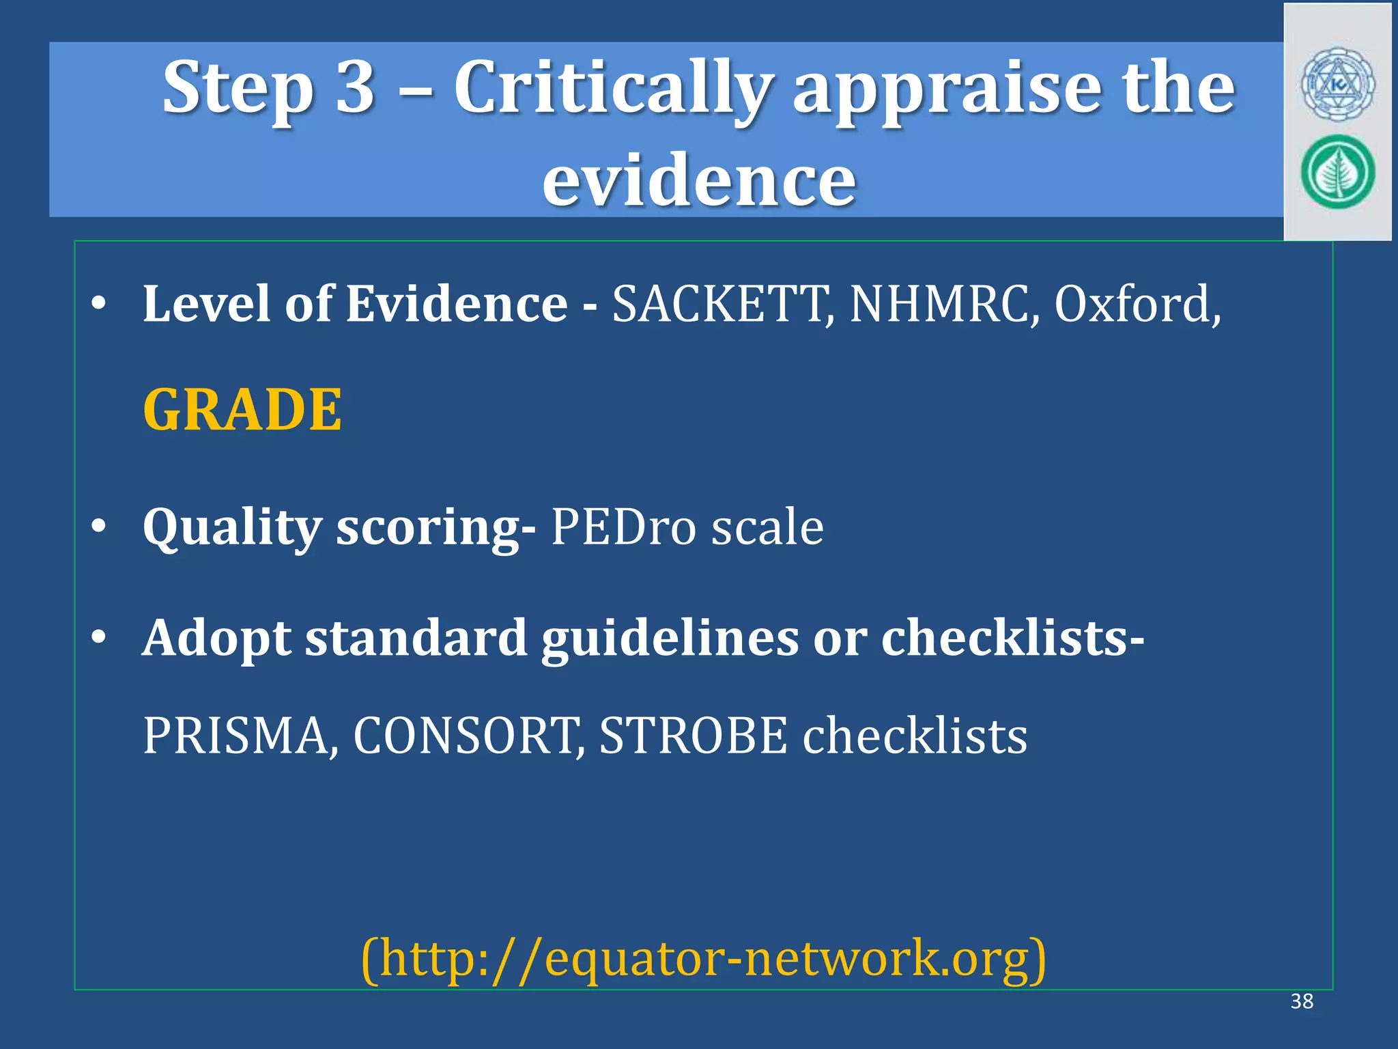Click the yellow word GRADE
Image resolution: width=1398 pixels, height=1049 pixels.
pos(242,410)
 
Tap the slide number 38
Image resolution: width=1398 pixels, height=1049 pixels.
pos(1302,1001)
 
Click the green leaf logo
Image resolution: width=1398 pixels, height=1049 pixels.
pos(1337,172)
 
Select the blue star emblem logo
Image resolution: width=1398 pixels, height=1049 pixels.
pos(1337,85)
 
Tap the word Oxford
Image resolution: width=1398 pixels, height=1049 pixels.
pos(1137,304)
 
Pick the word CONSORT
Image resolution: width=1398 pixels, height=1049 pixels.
pos(468,736)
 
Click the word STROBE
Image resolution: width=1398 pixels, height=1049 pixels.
pos(693,736)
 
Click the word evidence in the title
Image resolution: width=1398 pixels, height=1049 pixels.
pos(698,180)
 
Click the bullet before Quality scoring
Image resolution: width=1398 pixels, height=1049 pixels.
pos(99,527)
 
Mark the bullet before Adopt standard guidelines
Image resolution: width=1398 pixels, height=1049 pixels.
pos(99,637)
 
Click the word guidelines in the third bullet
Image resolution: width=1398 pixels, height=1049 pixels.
pos(670,638)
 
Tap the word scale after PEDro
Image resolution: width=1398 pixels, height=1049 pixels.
pos(767,527)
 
